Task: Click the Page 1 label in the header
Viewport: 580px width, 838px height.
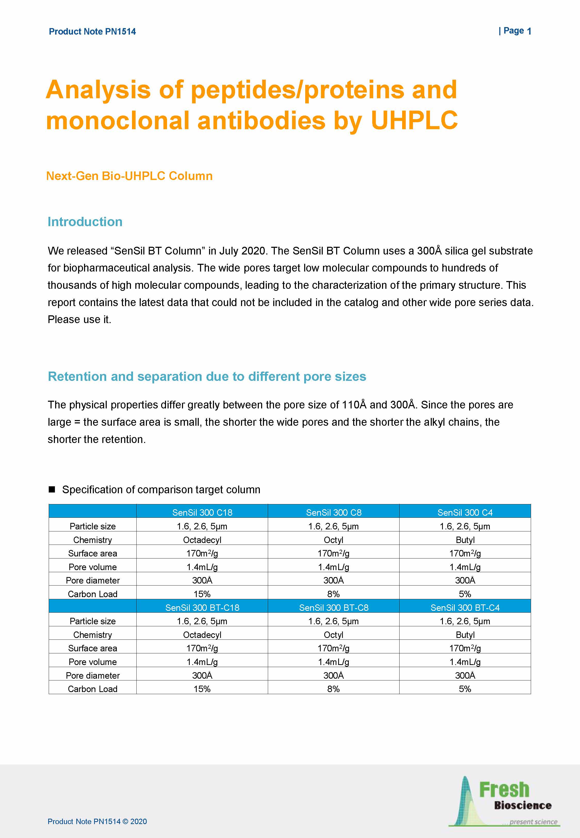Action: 515,31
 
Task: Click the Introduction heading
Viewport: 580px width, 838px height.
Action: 85,222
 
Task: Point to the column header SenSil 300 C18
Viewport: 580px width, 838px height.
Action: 202,512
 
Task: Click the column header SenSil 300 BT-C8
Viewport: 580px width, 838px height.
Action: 334,607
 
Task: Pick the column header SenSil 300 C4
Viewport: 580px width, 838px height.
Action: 465,512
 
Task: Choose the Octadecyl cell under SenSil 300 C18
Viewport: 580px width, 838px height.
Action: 202,540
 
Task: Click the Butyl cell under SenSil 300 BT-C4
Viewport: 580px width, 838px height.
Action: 465,635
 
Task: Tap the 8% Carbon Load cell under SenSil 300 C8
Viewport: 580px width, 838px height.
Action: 333,594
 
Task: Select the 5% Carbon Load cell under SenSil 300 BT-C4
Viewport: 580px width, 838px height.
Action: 465,689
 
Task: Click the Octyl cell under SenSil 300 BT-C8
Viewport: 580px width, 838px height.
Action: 333,635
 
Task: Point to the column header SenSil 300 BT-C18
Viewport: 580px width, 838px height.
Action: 202,607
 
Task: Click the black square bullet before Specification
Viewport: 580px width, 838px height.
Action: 52,489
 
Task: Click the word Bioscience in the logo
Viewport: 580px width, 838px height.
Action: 523,805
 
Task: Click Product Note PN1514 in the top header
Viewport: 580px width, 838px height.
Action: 92,32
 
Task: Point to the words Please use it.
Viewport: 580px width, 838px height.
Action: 79,319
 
